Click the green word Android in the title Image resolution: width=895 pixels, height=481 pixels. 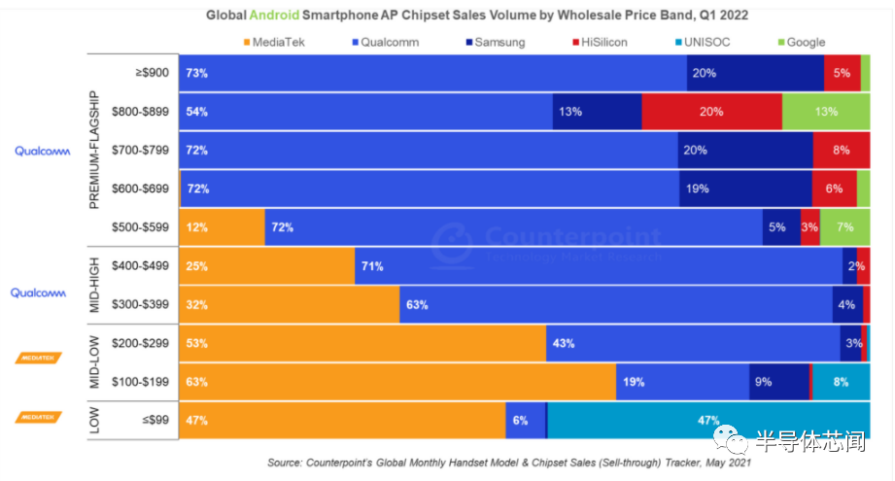[274, 15]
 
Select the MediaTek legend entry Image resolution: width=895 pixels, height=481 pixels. [274, 42]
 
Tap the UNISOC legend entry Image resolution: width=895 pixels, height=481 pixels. [703, 42]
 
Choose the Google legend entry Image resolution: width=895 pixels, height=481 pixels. [802, 42]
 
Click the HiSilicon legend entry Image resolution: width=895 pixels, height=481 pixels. [600, 42]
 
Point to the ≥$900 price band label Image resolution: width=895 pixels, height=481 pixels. [152, 73]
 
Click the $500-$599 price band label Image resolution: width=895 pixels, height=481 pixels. [140, 227]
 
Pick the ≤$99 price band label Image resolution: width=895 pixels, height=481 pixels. [155, 420]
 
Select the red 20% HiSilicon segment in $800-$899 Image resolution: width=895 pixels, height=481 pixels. [711, 112]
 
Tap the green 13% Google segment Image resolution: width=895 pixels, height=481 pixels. [826, 112]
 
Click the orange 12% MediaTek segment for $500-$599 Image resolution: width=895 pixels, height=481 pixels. [222, 227]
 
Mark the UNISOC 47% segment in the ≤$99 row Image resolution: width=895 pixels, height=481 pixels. [708, 421]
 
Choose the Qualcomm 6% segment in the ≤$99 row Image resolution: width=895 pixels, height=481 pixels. [525, 421]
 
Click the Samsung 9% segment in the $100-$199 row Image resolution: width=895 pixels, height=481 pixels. [779, 382]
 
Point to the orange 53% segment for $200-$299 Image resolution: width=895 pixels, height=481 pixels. [362, 343]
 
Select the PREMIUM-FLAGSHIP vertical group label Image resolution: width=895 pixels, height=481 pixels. [94, 150]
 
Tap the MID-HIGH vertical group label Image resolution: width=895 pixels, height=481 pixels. [94, 286]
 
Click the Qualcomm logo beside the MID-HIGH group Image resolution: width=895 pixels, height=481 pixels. [38, 292]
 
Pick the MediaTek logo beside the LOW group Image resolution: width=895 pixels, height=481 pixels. [38, 417]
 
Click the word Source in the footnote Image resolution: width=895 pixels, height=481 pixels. [285, 463]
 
